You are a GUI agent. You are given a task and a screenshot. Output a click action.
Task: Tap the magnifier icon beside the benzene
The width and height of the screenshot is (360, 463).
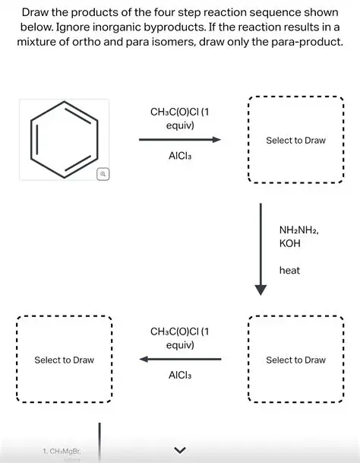click(x=103, y=174)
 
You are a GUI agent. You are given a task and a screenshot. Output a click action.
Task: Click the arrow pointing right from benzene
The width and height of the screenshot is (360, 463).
click(x=179, y=140)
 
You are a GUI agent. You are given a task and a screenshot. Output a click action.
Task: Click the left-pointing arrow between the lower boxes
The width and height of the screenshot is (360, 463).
click(x=179, y=359)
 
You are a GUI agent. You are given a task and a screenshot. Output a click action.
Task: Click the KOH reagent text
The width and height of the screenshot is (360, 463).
click(x=290, y=243)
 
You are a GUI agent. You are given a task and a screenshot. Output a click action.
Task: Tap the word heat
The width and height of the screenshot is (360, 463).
click(x=289, y=270)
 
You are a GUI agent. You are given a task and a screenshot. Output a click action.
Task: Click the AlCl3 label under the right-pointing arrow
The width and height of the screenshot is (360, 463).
click(x=179, y=157)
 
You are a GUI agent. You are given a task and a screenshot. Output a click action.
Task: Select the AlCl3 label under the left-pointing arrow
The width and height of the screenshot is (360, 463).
click(x=179, y=376)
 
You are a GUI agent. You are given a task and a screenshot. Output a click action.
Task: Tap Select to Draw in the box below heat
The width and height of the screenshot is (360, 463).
click(x=295, y=360)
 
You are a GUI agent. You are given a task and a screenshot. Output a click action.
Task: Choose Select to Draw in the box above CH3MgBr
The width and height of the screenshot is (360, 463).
click(x=64, y=360)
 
